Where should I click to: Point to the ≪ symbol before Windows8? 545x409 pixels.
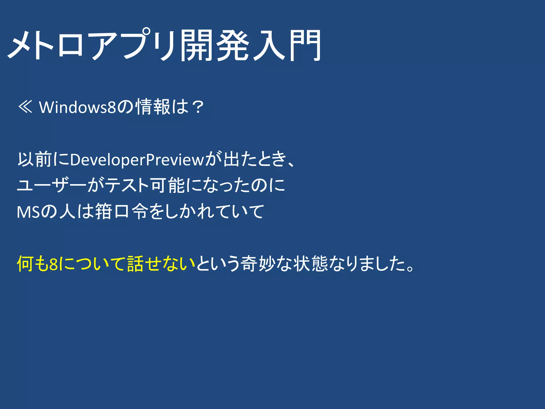click(x=25, y=107)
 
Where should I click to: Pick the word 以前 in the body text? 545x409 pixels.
click(x=35, y=159)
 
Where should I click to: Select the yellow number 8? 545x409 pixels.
click(x=54, y=264)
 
